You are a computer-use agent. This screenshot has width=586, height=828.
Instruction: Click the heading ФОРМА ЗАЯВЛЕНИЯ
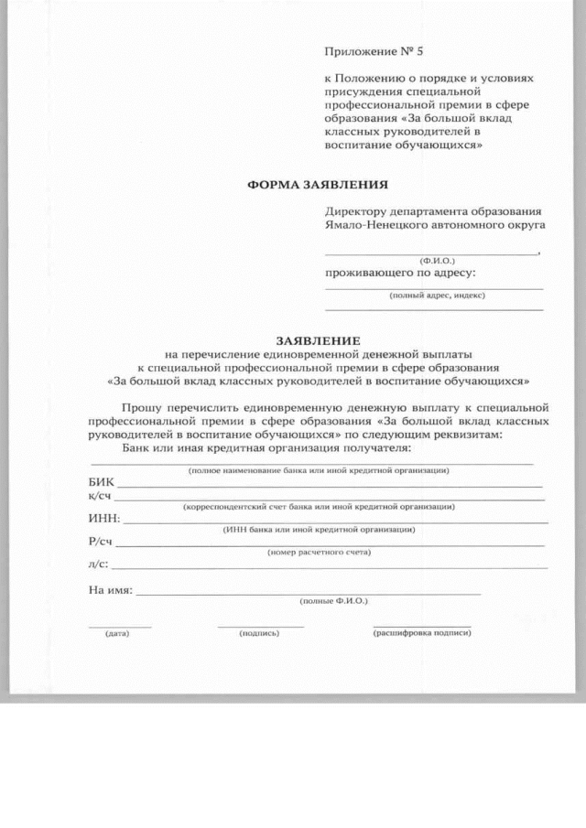(x=312, y=184)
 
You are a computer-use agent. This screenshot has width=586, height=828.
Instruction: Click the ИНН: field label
(x=104, y=519)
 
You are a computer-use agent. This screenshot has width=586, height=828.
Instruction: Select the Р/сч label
(x=100, y=542)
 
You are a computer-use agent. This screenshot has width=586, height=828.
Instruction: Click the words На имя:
(x=110, y=590)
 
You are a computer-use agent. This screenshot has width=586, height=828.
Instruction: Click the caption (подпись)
(x=258, y=633)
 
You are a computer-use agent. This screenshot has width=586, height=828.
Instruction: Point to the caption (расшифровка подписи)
(x=421, y=632)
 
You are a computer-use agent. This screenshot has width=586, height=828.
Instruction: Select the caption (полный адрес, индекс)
(x=437, y=296)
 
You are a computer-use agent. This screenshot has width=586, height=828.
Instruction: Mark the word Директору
(x=354, y=210)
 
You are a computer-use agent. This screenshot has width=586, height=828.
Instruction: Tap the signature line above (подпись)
(x=261, y=626)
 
